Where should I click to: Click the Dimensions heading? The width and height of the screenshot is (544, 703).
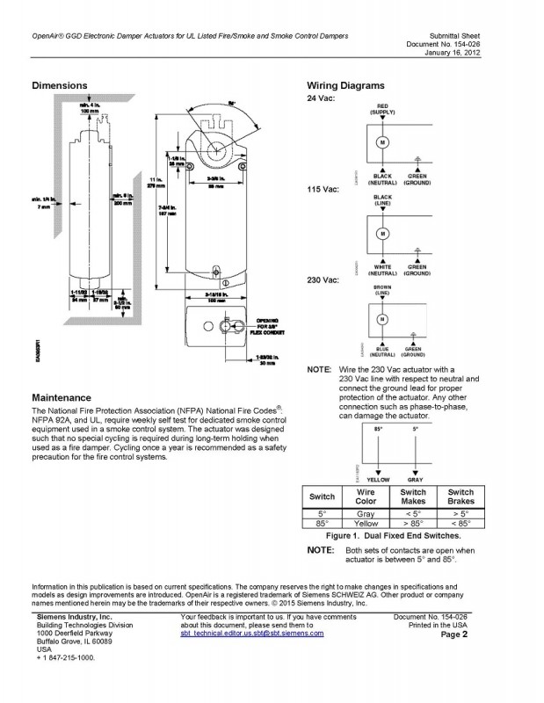click(59, 86)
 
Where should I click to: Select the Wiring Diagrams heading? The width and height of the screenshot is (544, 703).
click(345, 86)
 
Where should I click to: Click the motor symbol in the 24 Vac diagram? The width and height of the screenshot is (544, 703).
click(382, 141)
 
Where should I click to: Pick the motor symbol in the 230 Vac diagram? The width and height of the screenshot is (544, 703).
click(382, 317)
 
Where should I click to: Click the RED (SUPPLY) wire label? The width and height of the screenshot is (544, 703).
click(382, 109)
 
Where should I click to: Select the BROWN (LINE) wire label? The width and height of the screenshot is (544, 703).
click(382, 289)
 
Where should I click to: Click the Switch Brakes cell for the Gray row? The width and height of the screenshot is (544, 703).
click(461, 513)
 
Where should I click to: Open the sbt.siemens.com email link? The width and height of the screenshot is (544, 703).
click(251, 633)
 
